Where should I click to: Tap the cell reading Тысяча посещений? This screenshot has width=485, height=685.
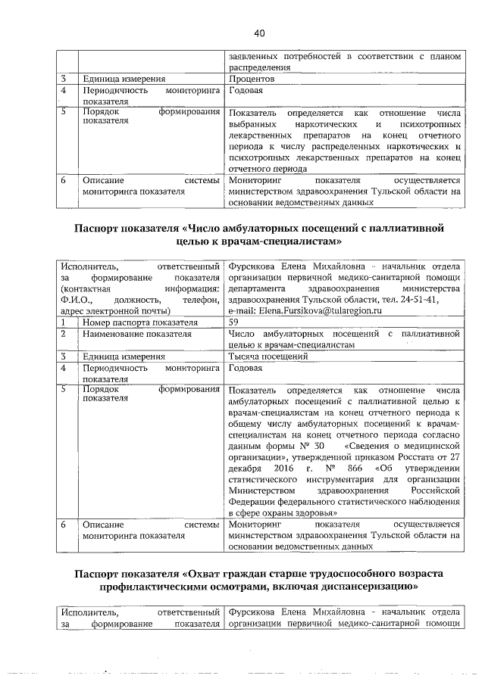click(264, 357)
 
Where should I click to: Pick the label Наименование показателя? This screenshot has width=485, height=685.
click(137, 334)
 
